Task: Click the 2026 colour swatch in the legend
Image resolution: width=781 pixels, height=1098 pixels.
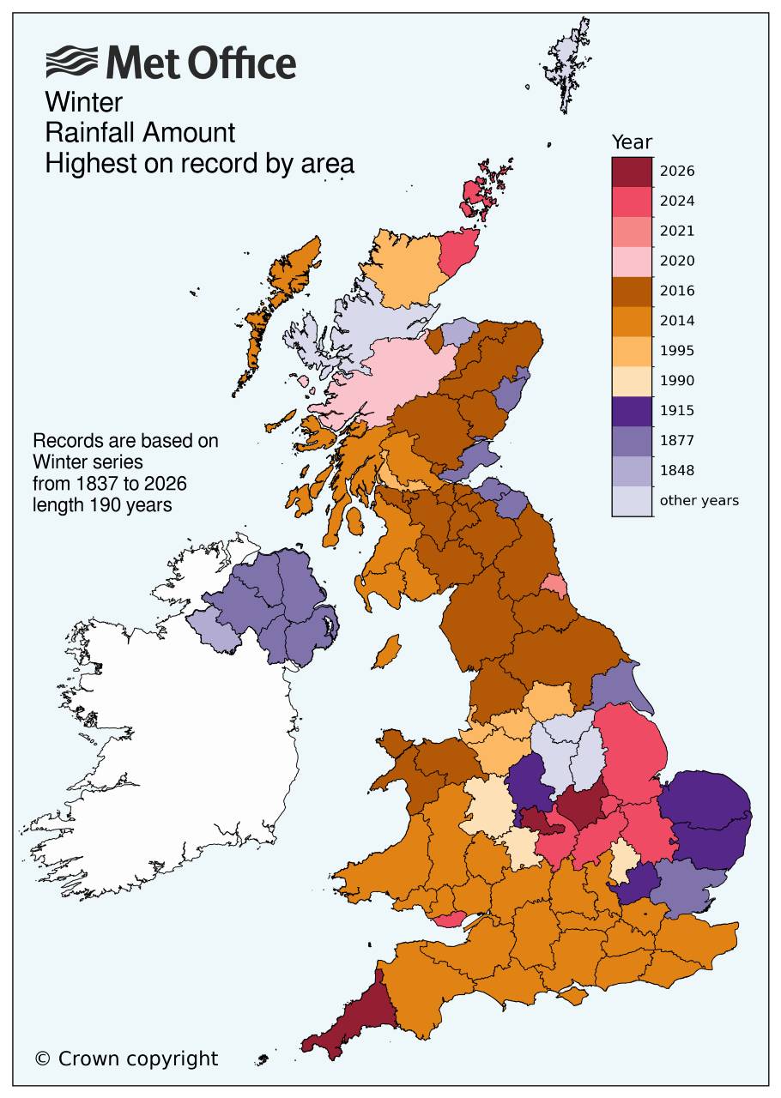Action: pos(632,171)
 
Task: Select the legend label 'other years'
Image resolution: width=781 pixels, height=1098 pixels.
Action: pos(699,500)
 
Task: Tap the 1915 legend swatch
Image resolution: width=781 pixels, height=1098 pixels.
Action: pos(632,410)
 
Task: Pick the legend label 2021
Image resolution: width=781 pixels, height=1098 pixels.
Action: pos(677,231)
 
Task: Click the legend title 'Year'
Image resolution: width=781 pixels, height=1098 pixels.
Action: pos(632,142)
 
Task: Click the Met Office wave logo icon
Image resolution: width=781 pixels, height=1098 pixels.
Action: pos(72,63)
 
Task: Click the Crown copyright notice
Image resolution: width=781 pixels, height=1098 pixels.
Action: pos(126,1059)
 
